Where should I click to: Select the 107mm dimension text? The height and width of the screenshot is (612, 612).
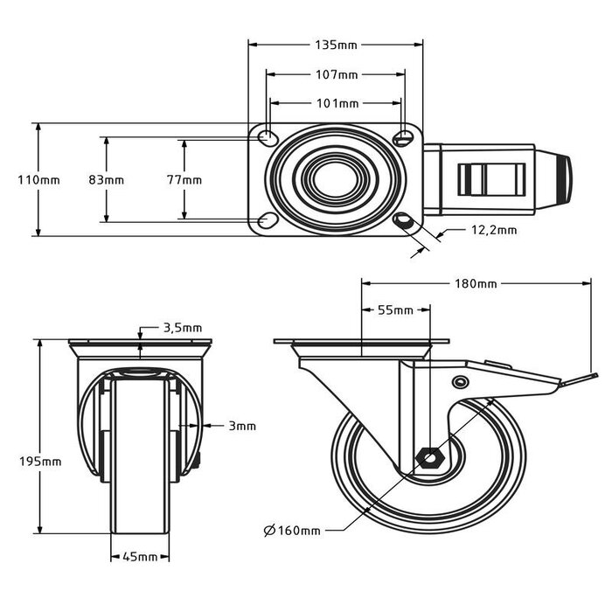coord(336,75)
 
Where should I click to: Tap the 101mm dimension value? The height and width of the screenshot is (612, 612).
coord(336,103)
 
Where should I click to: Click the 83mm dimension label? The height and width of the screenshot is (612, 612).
coord(107,180)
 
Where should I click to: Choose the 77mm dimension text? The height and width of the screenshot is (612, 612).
coord(184,180)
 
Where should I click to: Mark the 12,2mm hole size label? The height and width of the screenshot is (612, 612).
coord(494,231)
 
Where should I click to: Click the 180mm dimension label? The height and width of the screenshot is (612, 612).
coord(476,283)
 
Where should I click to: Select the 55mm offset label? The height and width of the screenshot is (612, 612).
coord(395,310)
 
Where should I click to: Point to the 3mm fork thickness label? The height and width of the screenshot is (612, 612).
coord(242,427)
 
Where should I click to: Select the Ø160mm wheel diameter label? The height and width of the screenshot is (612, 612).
coord(292,531)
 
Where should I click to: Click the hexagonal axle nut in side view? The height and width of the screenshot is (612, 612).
coord(429,458)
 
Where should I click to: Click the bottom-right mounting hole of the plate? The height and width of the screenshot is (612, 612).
coord(404,220)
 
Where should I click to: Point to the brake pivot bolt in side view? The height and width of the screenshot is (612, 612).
coord(460,382)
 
